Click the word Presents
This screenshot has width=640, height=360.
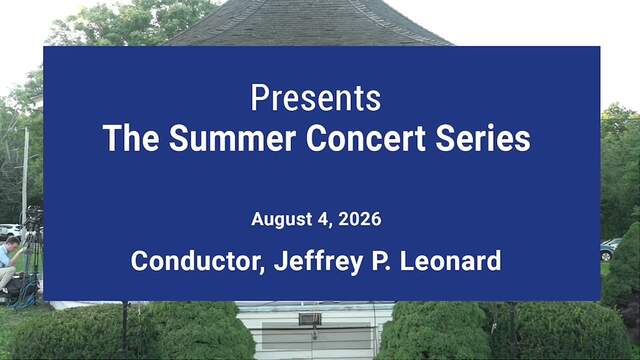pos(316,98)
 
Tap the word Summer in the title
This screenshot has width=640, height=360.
pos(232,138)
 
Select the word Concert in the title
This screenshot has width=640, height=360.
pos(366,138)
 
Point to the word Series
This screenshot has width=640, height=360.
pos(483,138)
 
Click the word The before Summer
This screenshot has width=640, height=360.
pos(131,138)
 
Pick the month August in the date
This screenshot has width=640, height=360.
pos(282,219)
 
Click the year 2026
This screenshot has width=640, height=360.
pos(360,219)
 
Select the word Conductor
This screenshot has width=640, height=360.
pos(198,261)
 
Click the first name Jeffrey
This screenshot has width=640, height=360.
pos(318,262)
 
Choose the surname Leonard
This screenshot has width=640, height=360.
pos(450,261)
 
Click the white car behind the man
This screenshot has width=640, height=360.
pos(10,231)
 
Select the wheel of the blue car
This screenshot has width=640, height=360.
pos(607,256)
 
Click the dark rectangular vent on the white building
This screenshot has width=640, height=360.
pos(310,319)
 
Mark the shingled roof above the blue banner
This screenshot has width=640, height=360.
pos(309,22)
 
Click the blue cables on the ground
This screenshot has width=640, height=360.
pos(25,295)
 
